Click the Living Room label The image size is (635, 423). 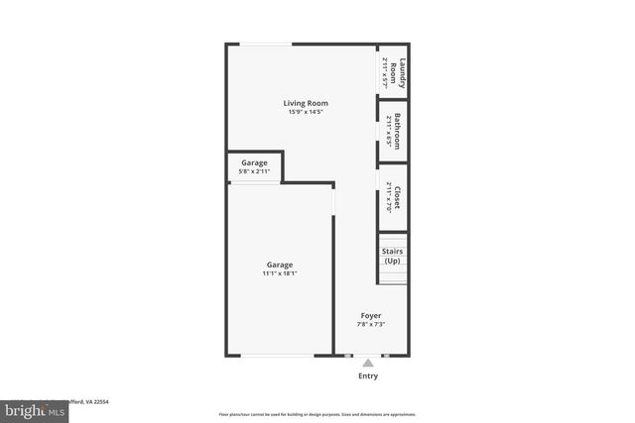pyautogui.click(x=306, y=103)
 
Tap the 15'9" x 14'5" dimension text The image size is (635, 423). pyautogui.click(x=306, y=112)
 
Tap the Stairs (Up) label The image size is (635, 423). pyautogui.click(x=393, y=256)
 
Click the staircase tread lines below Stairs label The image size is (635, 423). pyautogui.click(x=393, y=274)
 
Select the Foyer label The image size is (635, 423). pyautogui.click(x=371, y=315)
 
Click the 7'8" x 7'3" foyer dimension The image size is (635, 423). pyautogui.click(x=371, y=324)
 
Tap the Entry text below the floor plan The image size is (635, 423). pyautogui.click(x=368, y=376)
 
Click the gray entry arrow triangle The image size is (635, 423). pyautogui.click(x=368, y=363)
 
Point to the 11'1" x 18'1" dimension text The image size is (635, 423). pyautogui.click(x=280, y=274)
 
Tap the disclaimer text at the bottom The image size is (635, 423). pyautogui.click(x=317, y=414)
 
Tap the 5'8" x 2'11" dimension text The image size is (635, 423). pyautogui.click(x=254, y=171)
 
